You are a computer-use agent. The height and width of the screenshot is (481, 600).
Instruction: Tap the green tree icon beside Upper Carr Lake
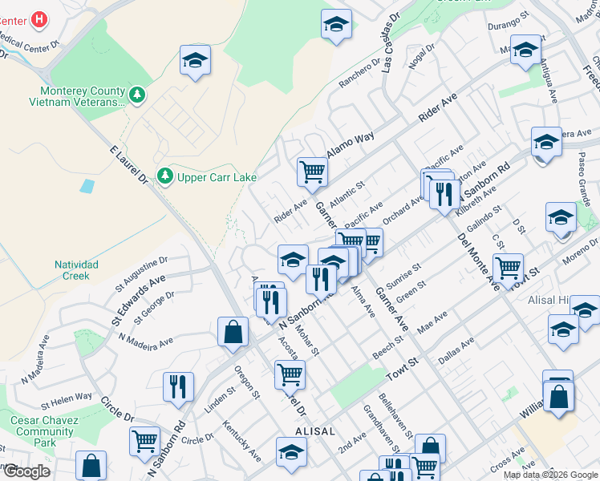pyautogui.click(x=165, y=175)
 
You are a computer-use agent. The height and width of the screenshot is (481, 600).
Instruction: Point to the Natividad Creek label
pyautogui.click(x=77, y=270)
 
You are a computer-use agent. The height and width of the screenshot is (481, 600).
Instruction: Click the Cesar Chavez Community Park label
pyautogui.click(x=44, y=431)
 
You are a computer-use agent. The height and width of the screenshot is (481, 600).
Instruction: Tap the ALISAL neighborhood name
pyautogui.click(x=314, y=430)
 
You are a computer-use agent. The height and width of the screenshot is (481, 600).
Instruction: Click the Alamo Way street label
pyautogui.click(x=351, y=147)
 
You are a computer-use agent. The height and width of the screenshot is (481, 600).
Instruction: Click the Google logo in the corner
pyautogui.click(x=26, y=471)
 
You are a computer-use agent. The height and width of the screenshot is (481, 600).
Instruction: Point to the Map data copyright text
pyautogui.click(x=550, y=475)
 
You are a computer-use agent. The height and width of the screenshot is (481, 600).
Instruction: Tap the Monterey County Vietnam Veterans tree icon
pyautogui.click(x=138, y=96)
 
